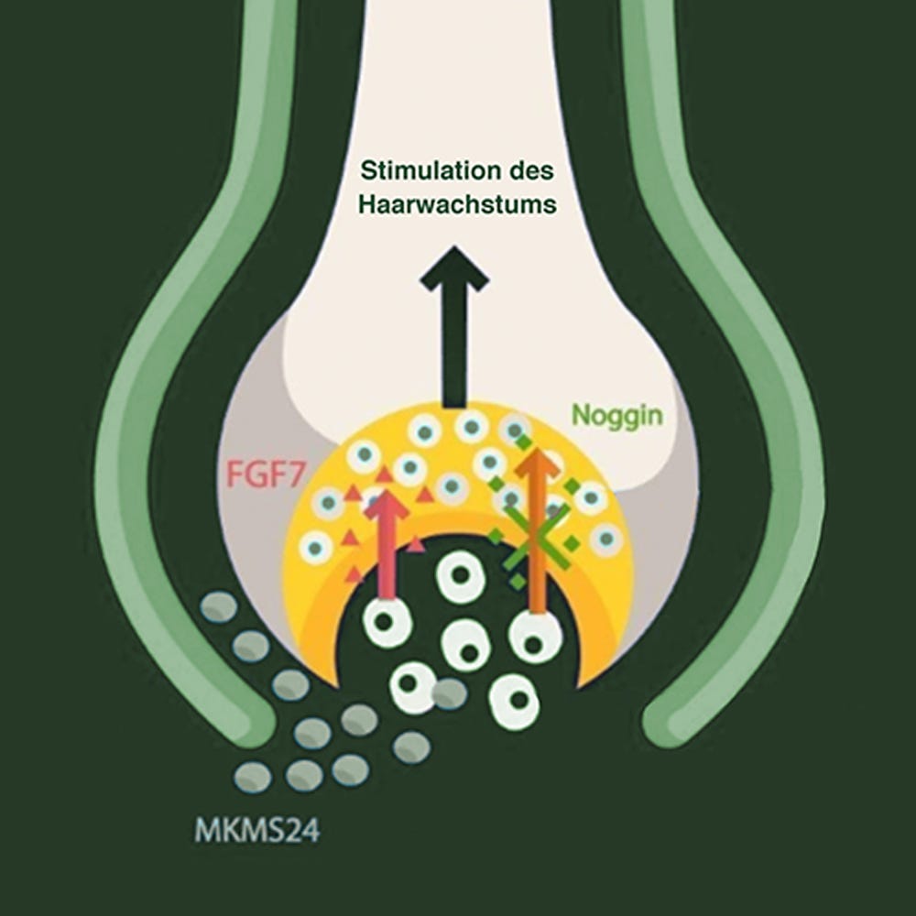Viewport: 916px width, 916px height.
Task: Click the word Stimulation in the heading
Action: point(424,170)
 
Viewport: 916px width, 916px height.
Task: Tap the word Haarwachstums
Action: point(457,204)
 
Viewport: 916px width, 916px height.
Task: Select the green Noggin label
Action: point(617,416)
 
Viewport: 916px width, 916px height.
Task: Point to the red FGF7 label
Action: point(266,474)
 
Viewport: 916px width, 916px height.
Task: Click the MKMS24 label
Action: point(257,830)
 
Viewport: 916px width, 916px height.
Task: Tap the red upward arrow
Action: point(387,544)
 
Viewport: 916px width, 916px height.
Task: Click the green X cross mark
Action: point(536,536)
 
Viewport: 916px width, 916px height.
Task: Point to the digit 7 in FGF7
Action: point(294,474)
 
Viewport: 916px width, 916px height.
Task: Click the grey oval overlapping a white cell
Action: point(449,694)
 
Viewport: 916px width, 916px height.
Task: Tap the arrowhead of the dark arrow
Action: point(454,267)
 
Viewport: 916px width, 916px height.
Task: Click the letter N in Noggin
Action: point(580,414)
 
